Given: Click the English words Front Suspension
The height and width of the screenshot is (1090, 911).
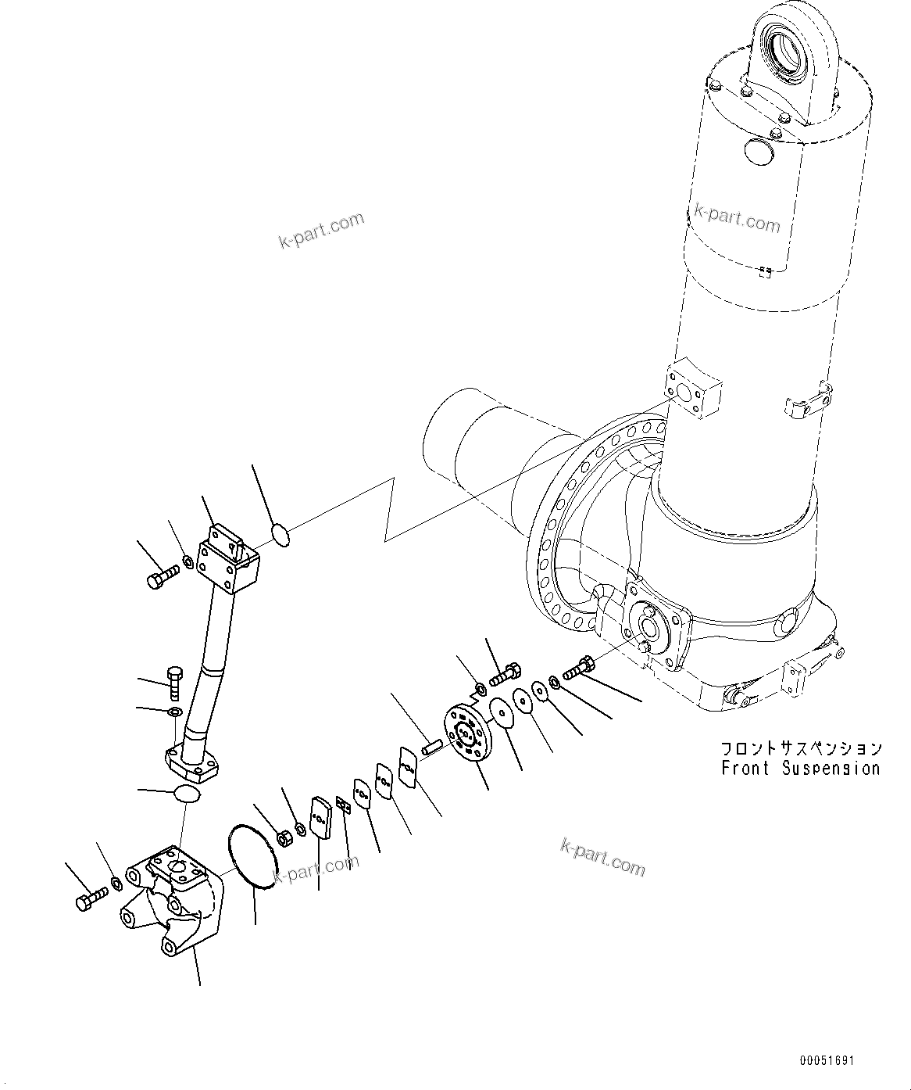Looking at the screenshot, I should coord(800,769).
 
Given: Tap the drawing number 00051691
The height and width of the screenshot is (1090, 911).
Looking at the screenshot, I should coord(827,1061).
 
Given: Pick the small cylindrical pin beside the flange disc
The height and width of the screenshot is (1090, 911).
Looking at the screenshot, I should coord(432,747).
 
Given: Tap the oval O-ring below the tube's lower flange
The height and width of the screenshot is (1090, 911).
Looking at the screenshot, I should coord(186,794).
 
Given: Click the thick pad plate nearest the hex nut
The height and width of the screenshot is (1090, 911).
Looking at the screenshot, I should coord(320,817).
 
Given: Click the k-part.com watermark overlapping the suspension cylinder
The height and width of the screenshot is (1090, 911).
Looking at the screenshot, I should coord(737,221).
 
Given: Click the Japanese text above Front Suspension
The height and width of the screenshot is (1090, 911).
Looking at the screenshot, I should coord(800,748).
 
